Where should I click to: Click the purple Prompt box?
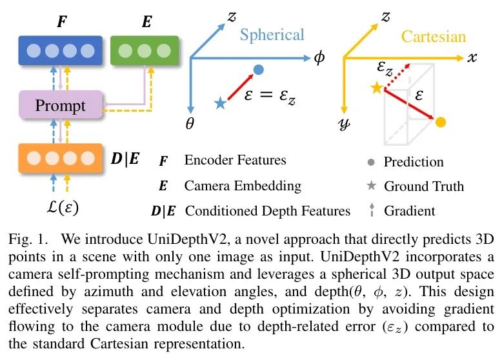(x=61, y=105)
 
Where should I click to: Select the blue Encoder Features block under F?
(x=61, y=50)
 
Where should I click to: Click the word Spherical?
(x=272, y=35)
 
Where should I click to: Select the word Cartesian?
(x=433, y=36)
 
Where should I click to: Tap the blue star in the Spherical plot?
(x=221, y=103)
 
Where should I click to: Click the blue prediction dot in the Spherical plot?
(x=258, y=69)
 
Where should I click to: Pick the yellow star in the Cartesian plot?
(x=376, y=88)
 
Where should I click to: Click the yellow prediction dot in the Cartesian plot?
(x=441, y=122)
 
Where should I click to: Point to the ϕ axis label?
(x=319, y=58)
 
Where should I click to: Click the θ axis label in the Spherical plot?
(x=190, y=125)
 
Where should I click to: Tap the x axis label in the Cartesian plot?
(x=472, y=58)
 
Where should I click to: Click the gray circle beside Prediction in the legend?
(x=372, y=162)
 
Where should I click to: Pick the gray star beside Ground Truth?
(x=372, y=186)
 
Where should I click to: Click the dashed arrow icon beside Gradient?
(x=372, y=210)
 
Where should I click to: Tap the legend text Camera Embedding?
(x=243, y=186)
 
